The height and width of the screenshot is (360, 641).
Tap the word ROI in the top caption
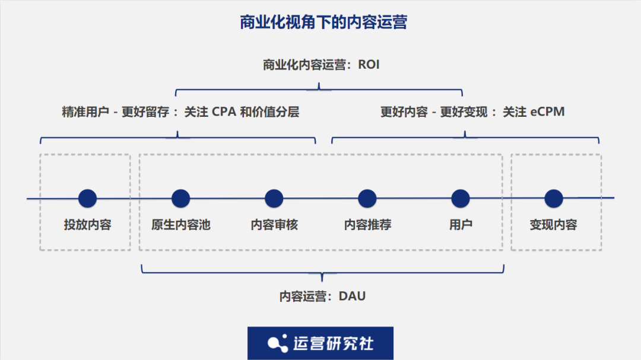click(x=368, y=65)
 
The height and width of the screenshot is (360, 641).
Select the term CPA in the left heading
click(x=224, y=111)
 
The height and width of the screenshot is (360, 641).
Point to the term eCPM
click(x=544, y=111)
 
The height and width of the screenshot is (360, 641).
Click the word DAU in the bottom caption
click(x=352, y=296)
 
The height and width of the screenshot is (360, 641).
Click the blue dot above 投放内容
click(x=87, y=198)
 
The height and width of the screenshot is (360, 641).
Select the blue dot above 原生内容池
click(x=180, y=198)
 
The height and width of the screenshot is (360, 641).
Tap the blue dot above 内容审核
click(x=274, y=198)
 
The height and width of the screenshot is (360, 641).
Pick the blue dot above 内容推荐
click(x=367, y=198)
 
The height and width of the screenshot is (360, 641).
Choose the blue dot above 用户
click(x=461, y=198)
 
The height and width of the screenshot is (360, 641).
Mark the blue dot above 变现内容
click(x=553, y=198)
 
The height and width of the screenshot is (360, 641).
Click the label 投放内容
click(x=87, y=225)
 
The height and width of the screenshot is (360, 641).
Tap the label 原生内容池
click(x=180, y=225)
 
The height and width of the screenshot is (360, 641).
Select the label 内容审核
click(x=274, y=225)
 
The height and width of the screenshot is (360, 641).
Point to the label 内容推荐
click(x=367, y=225)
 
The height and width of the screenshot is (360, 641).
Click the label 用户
click(x=461, y=225)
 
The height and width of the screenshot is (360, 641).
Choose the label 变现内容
click(x=553, y=225)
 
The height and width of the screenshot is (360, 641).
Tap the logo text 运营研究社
click(x=333, y=343)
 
